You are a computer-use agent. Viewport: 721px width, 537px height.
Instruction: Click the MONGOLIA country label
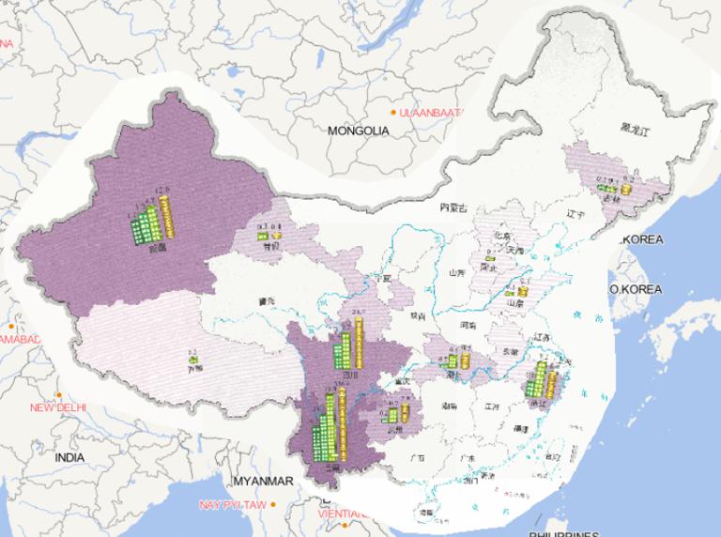[x=358, y=130]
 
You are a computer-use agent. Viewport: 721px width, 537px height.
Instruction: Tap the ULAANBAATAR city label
[x=432, y=113]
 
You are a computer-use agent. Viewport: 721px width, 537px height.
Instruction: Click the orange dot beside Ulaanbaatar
[x=394, y=113]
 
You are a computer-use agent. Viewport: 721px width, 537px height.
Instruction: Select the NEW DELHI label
[x=57, y=407]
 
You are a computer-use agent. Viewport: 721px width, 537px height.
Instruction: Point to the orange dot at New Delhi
[x=58, y=394]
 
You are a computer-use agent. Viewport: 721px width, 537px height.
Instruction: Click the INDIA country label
[x=69, y=457]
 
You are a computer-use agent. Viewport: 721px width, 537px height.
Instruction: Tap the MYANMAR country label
[x=263, y=481]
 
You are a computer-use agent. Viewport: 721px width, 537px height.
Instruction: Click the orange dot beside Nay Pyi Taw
[x=273, y=504]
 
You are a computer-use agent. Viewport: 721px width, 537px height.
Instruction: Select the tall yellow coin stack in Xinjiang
[x=166, y=217]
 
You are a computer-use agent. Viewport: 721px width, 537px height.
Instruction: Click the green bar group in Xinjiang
[x=144, y=226]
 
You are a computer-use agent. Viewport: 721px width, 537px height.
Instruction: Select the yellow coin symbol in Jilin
[x=625, y=187]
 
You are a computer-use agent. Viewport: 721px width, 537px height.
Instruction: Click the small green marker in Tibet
[x=192, y=358]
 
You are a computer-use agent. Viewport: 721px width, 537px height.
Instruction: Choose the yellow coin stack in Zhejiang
[x=552, y=380]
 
